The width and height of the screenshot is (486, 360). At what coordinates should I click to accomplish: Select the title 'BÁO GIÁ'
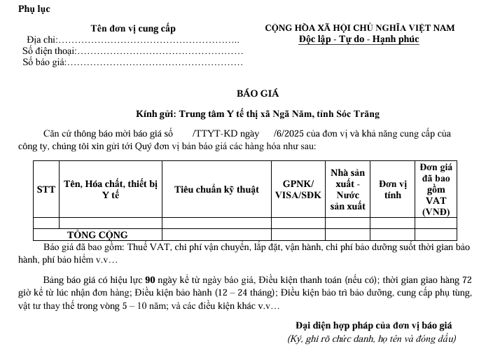[257, 95]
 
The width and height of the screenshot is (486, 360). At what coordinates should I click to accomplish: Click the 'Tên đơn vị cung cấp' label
[133, 29]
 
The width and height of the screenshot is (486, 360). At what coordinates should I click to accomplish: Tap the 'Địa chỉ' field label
[42, 40]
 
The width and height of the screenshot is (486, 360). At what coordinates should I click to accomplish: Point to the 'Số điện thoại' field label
[49, 51]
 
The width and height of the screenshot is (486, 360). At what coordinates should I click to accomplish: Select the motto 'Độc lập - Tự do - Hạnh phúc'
[359, 39]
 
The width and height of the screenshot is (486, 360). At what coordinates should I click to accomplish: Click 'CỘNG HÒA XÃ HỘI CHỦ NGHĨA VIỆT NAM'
[359, 28]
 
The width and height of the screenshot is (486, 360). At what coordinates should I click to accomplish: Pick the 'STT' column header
[46, 189]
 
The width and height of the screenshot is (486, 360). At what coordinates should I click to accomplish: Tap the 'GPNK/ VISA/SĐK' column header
[297, 189]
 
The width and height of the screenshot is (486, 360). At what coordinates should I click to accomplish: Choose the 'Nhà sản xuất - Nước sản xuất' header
[347, 189]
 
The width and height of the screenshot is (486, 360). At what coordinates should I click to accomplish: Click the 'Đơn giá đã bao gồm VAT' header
[436, 189]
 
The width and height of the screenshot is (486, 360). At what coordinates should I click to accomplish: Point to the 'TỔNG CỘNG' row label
[97, 235]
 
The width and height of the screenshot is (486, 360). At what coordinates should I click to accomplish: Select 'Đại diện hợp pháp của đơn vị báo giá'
[374, 326]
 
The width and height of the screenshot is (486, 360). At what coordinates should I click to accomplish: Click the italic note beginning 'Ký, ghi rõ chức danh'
[372, 339]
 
